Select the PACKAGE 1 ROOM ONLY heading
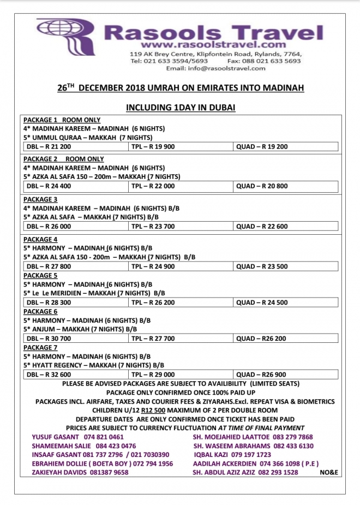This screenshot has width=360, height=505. pyautogui.click(x=62, y=120)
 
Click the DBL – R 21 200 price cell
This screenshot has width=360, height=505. pyautogui.click(x=49, y=146)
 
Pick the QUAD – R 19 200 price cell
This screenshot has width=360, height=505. pyautogui.click(x=262, y=146)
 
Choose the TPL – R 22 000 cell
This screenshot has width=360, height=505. pyautogui.click(x=153, y=186)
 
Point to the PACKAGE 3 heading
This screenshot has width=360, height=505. pyautogui.click(x=40, y=199)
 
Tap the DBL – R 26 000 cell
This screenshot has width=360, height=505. pyautogui.click(x=49, y=226)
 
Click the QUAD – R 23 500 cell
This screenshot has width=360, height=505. pyautogui.click(x=262, y=266)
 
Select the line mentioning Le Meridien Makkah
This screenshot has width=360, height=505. pyautogui.click(x=94, y=293)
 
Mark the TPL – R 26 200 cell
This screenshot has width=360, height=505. pyautogui.click(x=153, y=302)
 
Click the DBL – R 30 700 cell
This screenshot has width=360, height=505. pyautogui.click(x=49, y=338)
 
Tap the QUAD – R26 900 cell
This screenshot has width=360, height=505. pyautogui.click(x=261, y=375)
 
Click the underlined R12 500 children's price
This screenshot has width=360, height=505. pyautogui.click(x=153, y=410)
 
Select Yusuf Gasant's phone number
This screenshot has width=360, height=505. pyautogui.click(x=104, y=437)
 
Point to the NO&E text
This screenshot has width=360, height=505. pyautogui.click(x=329, y=472)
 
